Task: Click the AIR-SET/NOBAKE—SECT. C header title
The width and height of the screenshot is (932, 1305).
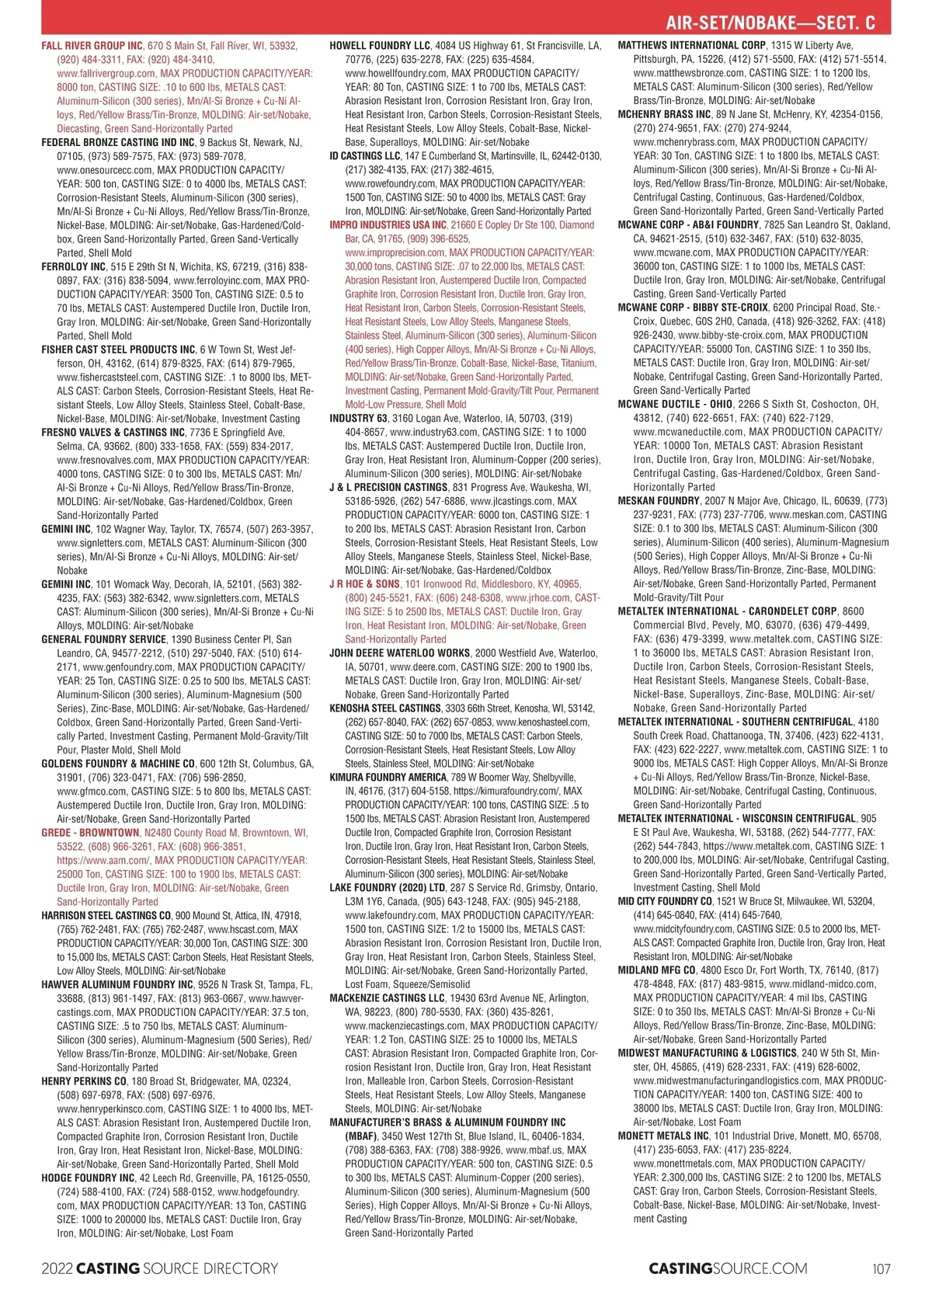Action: pos(770,23)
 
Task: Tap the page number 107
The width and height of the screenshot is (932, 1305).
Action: pos(881,1268)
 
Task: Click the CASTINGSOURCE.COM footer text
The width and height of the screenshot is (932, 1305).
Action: pos(728,1268)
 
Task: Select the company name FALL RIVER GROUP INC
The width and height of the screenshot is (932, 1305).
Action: pos(92,46)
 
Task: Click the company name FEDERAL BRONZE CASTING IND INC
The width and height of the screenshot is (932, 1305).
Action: pos(118,142)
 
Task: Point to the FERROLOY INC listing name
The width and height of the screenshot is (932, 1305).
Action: pos(73,266)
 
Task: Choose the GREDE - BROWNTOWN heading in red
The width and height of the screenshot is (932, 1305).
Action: pos(91,833)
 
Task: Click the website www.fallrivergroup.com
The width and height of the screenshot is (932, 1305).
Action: pos(106,73)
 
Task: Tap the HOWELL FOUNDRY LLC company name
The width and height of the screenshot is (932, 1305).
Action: pos(380,46)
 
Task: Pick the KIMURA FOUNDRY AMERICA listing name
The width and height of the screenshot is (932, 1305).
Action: pos(388,777)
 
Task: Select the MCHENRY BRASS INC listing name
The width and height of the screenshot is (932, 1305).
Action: pos(664,115)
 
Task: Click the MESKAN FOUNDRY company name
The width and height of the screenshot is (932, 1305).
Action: pos(658,501)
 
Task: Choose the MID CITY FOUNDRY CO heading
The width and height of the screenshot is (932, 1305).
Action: pos(665,901)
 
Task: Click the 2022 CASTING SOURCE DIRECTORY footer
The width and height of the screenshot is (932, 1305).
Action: pos(159,1268)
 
